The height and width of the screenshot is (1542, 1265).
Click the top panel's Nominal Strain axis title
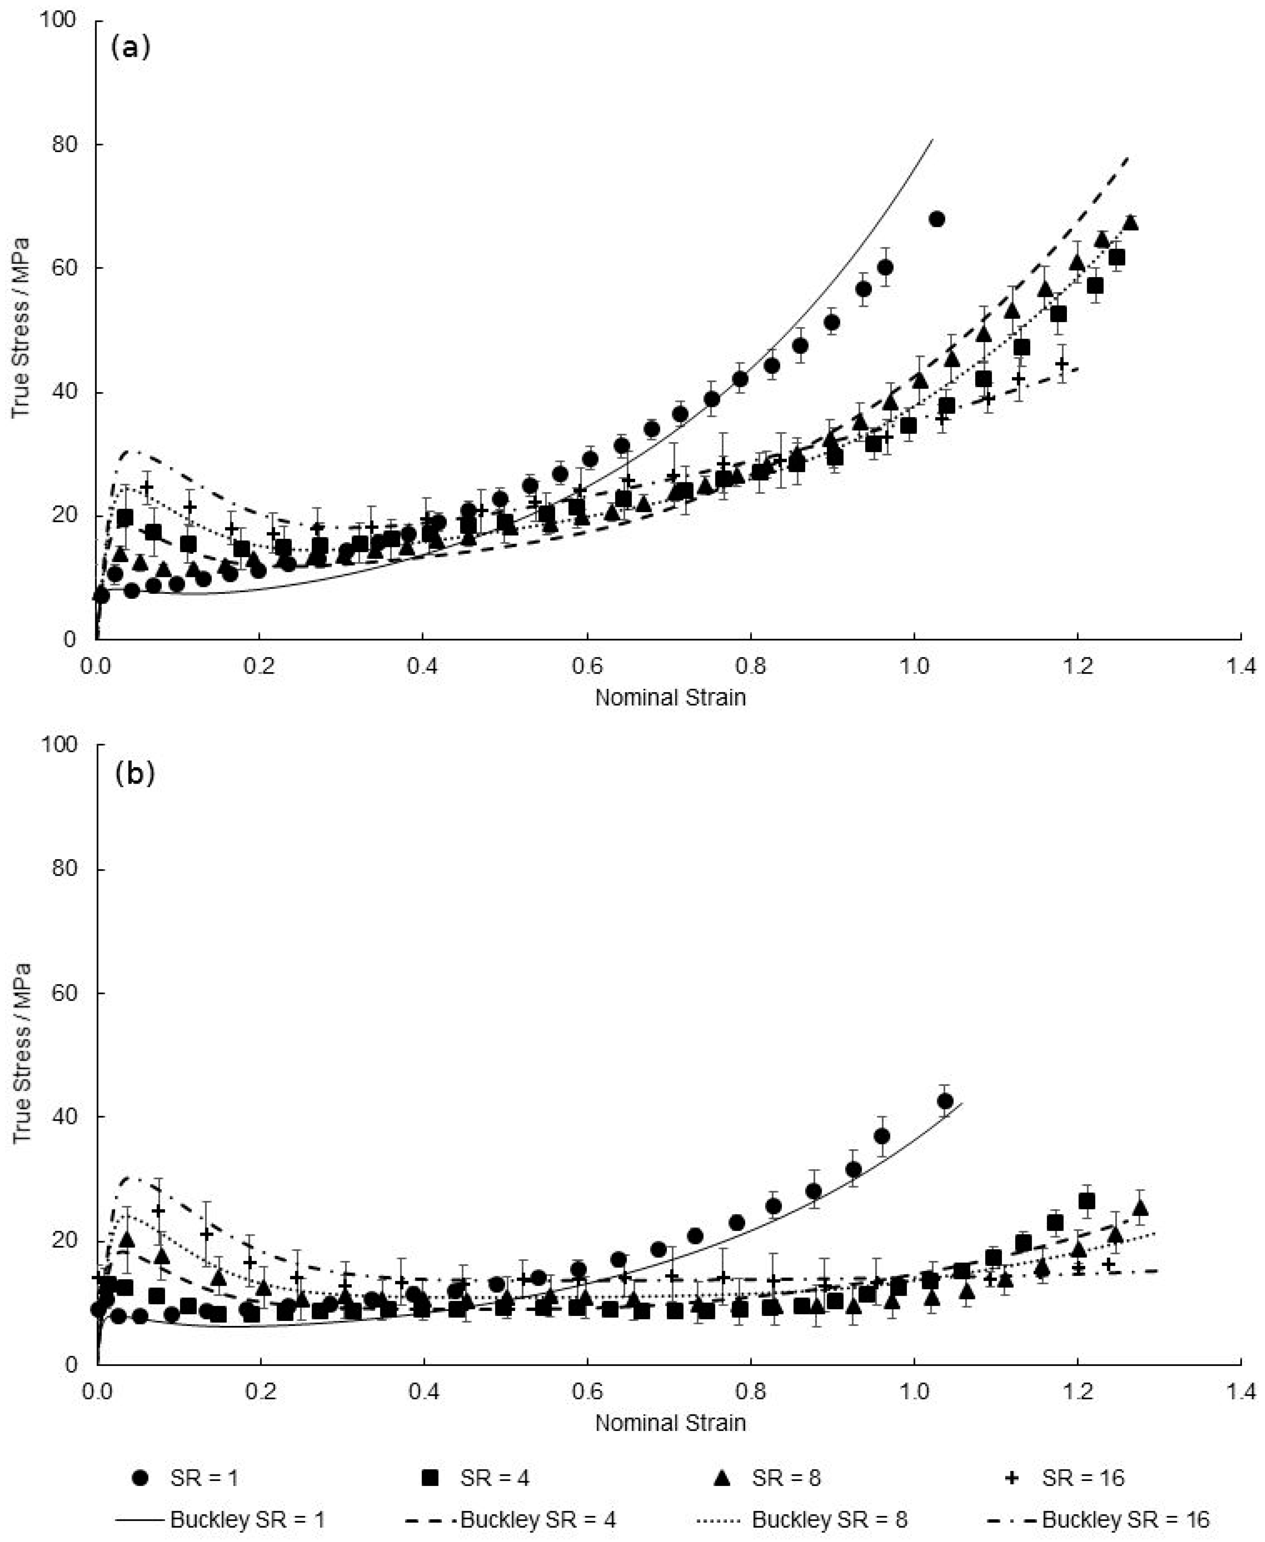coord(670,697)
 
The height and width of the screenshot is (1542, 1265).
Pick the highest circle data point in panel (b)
coord(945,1101)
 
